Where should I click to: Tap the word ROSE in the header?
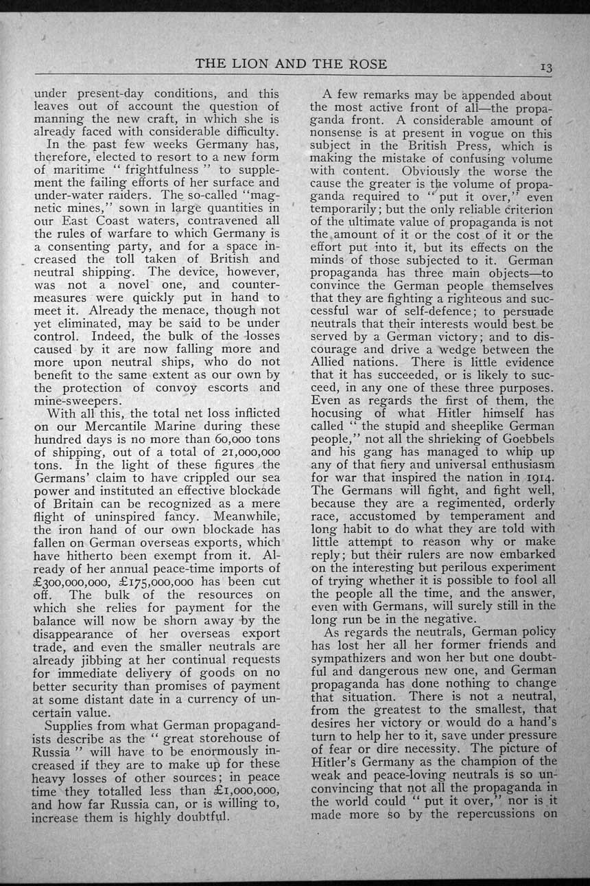[367, 64]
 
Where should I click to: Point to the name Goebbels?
[523, 439]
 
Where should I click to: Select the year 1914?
[536, 478]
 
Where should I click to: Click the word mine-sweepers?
[78, 400]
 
